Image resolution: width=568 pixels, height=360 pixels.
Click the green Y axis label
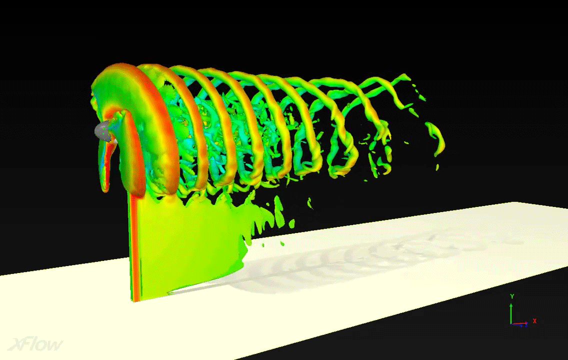tap(512, 296)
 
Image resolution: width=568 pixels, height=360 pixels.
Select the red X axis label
tap(534, 321)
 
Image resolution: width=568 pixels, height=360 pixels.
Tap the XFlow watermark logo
tap(35, 344)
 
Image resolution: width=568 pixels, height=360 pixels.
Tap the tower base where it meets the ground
tap(136, 300)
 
